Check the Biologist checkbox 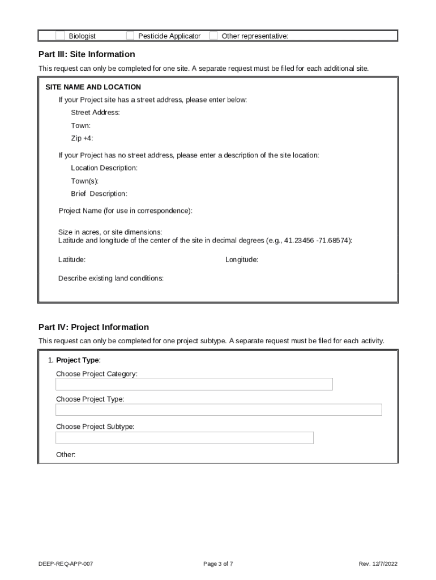(60, 36)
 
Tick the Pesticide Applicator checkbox (130, 36)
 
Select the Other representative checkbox (213, 36)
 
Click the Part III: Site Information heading (87, 54)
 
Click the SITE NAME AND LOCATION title (93, 87)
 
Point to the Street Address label (95, 112)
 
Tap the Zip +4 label (82, 138)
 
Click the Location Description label (104, 168)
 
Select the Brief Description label (99, 194)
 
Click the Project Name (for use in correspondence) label (126, 211)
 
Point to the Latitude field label (72, 259)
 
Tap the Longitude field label (242, 259)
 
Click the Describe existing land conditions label (111, 278)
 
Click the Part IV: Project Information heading (93, 327)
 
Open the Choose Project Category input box (194, 385)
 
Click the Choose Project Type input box (219, 410)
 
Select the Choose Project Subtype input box (184, 438)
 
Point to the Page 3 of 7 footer (218, 564)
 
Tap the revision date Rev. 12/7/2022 (378, 564)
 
